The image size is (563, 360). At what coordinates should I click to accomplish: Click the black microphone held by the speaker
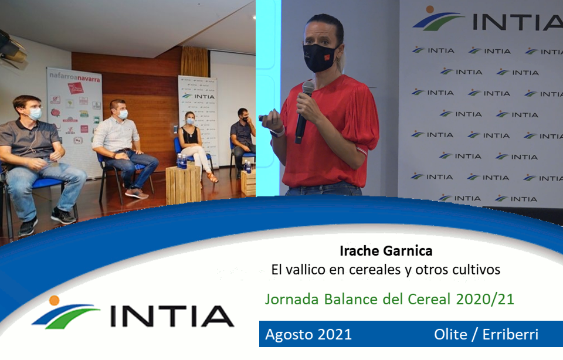click(304, 111)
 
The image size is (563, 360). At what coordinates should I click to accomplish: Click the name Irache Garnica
click(386, 251)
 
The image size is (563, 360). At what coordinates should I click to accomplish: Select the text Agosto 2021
click(308, 335)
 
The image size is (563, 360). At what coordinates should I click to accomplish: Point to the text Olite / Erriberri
click(486, 335)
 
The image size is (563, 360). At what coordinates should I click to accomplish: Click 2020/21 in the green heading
click(486, 299)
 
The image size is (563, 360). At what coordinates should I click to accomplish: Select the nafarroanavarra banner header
click(74, 77)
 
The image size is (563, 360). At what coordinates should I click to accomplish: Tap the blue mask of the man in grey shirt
click(35, 114)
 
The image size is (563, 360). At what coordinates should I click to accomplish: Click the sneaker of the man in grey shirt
click(63, 217)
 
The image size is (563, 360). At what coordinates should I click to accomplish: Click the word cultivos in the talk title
click(476, 270)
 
